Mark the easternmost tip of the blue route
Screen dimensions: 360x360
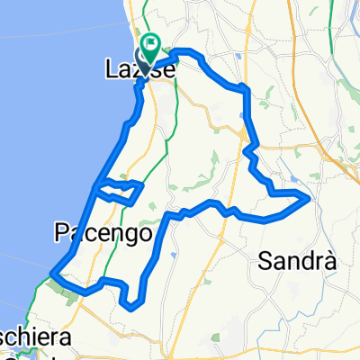coord(310,194)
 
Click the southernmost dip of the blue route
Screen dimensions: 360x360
coord(131,307)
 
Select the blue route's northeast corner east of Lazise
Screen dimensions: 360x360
coord(244,87)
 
